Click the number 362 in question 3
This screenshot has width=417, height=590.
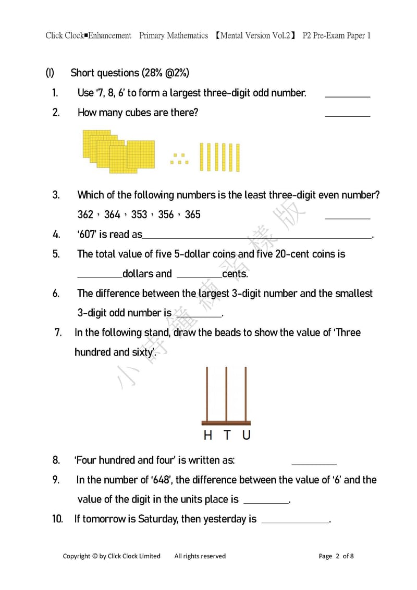(x=85, y=214)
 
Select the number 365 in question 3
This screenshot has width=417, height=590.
(x=192, y=214)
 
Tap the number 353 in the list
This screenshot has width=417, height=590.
(x=139, y=214)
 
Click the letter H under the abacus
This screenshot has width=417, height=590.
(x=208, y=435)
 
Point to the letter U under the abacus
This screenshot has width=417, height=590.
(x=246, y=435)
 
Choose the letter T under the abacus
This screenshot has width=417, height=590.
(x=227, y=435)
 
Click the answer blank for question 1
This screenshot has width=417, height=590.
(x=347, y=95)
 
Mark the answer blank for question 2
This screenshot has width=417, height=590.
(x=347, y=115)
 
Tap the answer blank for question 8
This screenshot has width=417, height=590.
(x=314, y=462)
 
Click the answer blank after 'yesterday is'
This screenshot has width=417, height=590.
(x=295, y=521)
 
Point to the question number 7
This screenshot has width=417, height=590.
(x=58, y=332)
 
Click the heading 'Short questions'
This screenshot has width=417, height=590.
(x=105, y=73)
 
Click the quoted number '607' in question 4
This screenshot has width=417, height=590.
(x=88, y=234)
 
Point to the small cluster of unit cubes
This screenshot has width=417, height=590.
(x=179, y=159)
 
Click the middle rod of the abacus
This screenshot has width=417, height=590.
(x=226, y=394)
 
